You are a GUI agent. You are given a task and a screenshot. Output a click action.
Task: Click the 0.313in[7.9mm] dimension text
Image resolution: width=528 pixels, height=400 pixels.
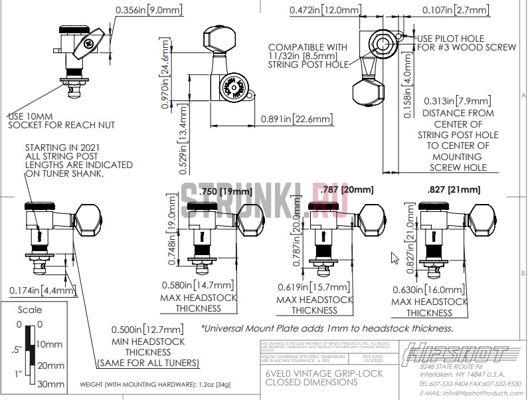click(457, 101)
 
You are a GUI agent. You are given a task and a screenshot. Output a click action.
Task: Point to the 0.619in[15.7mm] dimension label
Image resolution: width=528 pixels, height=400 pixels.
click(314, 286)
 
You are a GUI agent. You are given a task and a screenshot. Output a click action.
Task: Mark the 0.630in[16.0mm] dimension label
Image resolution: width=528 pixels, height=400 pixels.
click(428, 290)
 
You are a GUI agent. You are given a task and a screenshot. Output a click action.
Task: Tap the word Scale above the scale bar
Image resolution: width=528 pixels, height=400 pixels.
click(29, 310)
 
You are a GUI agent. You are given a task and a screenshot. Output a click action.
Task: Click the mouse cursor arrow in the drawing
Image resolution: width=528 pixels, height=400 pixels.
click(395, 258)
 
